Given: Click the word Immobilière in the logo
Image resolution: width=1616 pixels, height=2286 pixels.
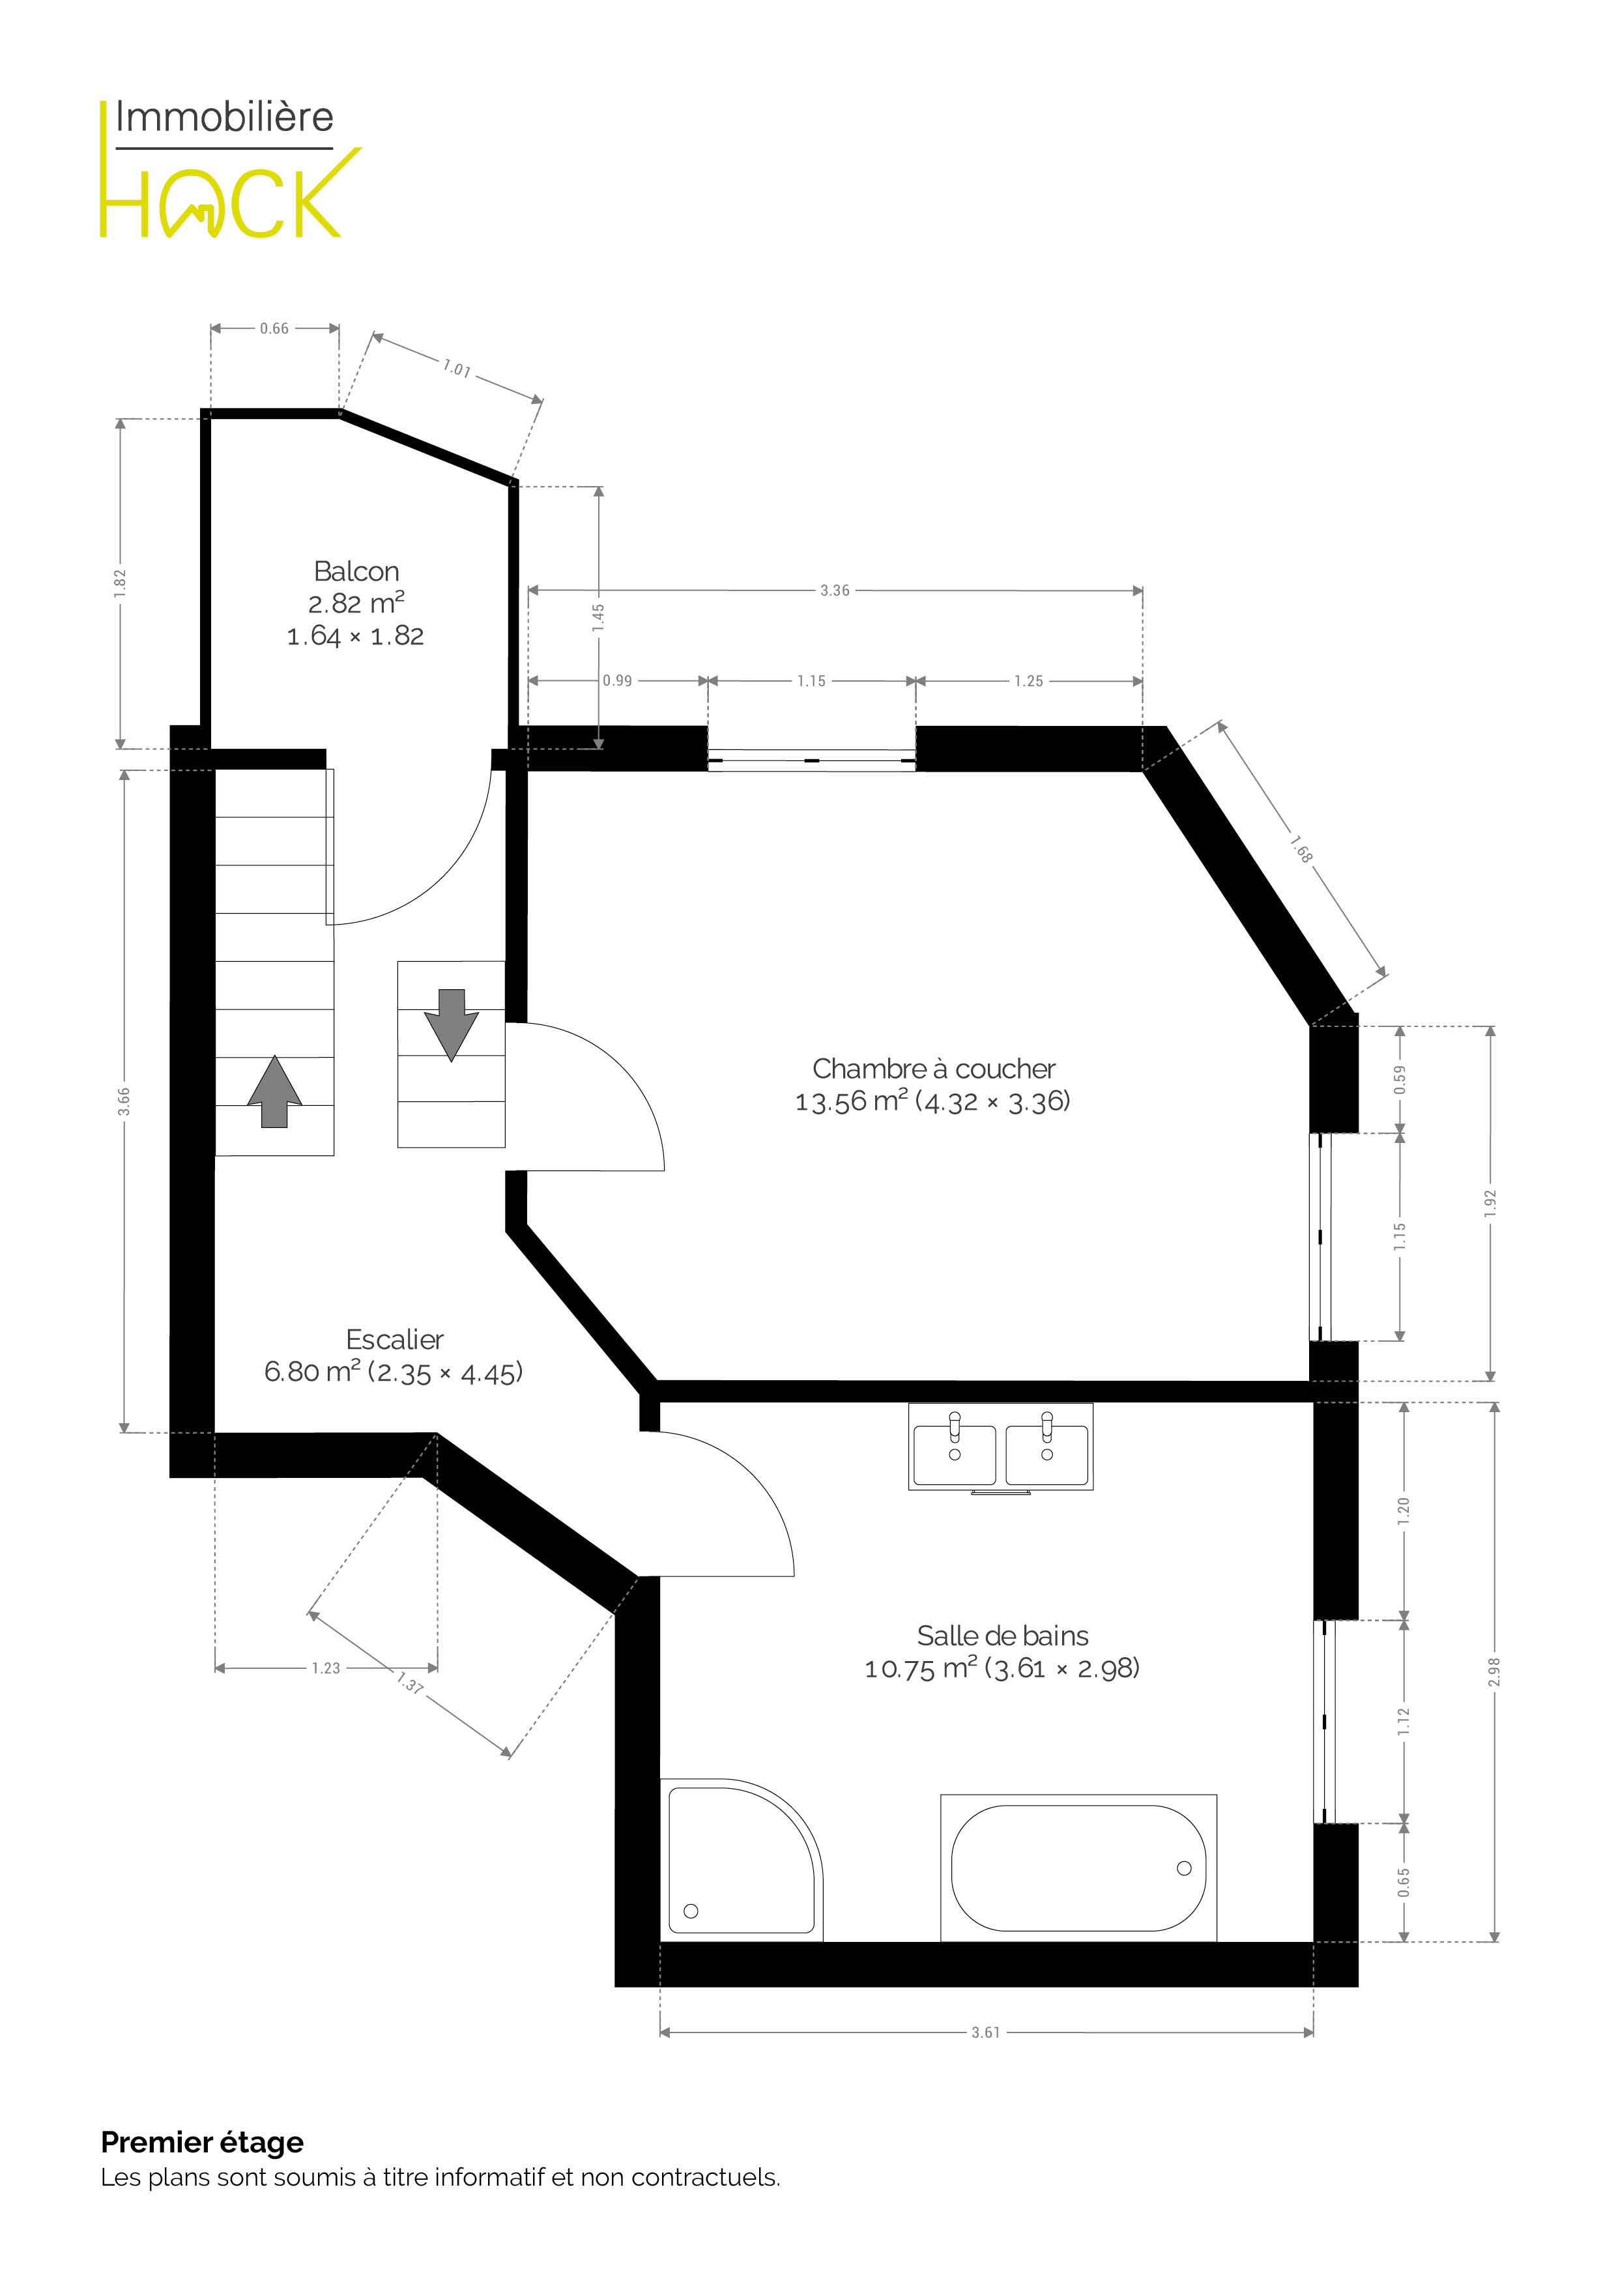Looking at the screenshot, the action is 224,117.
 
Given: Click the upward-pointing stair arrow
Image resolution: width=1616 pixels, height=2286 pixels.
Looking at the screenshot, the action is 275,1092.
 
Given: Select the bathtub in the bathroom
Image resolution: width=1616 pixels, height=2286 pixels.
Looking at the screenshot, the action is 1078,1868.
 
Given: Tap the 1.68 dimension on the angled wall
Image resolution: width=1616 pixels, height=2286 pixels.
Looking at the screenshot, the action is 1301,849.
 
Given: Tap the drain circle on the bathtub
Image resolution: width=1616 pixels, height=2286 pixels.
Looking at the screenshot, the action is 1184,1868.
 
